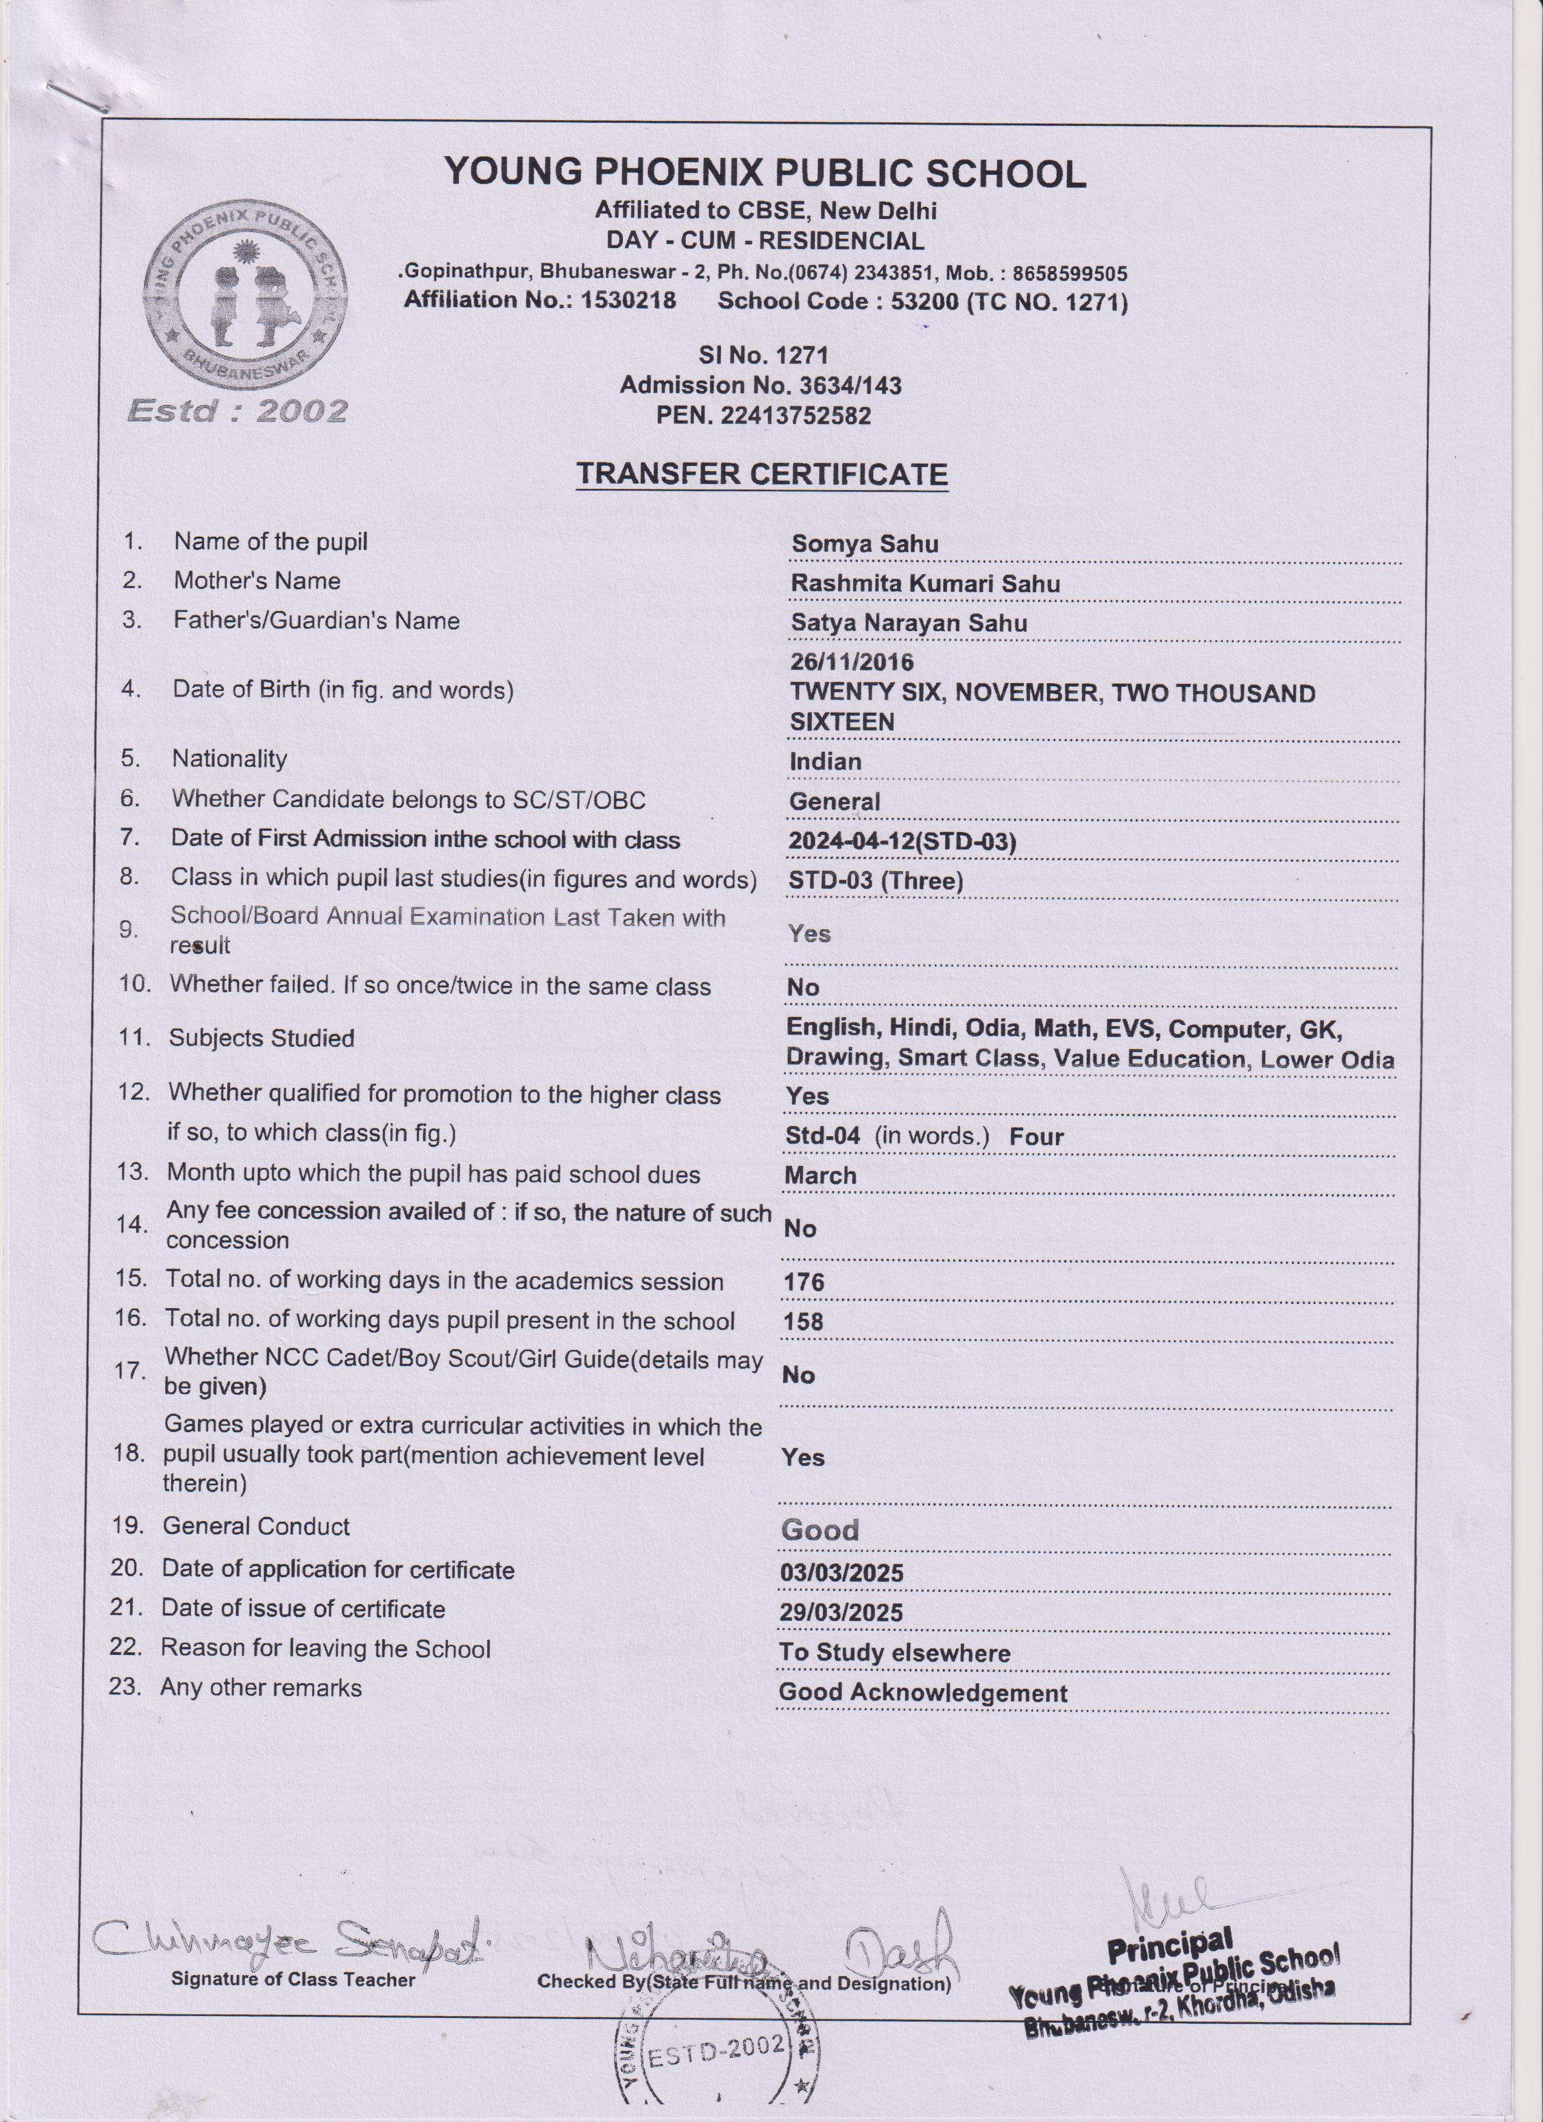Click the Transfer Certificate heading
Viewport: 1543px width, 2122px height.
762,474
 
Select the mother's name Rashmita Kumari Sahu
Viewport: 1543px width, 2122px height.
925,584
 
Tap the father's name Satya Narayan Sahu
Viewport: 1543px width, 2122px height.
908,623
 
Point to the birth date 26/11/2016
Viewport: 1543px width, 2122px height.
851,663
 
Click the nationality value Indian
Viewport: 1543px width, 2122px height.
824,762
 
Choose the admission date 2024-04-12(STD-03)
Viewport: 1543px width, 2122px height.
901,841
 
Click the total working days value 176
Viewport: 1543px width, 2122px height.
803,1282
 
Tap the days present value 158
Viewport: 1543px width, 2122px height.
803,1322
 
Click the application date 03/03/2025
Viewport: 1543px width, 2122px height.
841,1573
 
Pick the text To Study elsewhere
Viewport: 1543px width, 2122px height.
894,1652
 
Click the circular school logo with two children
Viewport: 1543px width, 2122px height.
244,296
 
